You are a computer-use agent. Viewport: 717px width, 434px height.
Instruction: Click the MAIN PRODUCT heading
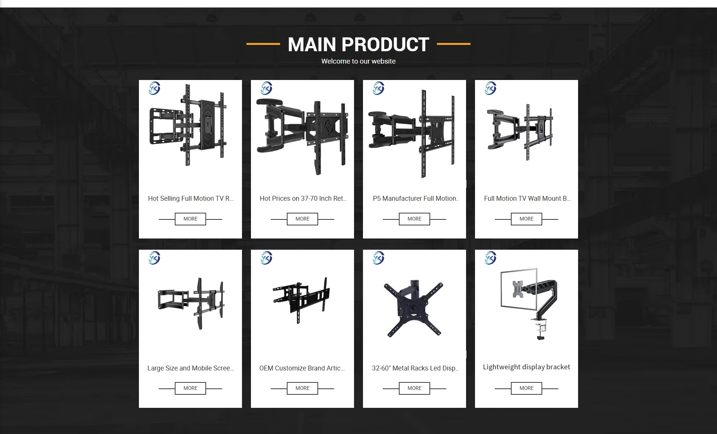[358, 44]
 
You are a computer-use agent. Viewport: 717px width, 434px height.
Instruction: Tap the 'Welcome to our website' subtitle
[358, 61]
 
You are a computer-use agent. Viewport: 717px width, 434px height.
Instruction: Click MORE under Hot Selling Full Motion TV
[190, 219]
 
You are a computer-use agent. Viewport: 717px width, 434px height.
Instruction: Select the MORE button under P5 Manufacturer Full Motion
[415, 219]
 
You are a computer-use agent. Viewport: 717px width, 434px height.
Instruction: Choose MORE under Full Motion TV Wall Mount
[527, 219]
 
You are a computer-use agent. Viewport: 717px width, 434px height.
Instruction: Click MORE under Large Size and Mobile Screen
[190, 388]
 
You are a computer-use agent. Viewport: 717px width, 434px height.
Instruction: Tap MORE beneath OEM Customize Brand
[302, 388]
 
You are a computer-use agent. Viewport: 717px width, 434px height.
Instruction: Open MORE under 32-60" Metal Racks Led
[415, 388]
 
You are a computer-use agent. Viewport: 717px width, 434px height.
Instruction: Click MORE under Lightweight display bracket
[527, 388]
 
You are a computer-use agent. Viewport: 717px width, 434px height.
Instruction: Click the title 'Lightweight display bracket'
[527, 367]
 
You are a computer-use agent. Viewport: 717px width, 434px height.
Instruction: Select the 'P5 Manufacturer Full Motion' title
[416, 198]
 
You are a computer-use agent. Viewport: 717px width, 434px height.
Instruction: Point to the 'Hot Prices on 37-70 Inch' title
[303, 198]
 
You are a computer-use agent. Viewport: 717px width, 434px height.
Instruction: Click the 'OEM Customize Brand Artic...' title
[302, 368]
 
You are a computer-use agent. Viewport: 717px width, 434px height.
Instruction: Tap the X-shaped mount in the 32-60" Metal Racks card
[413, 309]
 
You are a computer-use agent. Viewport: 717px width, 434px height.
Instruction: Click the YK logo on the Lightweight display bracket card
[490, 258]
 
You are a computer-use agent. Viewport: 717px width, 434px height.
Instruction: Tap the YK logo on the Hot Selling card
[154, 88]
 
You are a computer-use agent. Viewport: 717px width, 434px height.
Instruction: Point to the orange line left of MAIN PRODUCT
[263, 44]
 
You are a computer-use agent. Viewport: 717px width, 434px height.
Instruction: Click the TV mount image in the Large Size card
[191, 303]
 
